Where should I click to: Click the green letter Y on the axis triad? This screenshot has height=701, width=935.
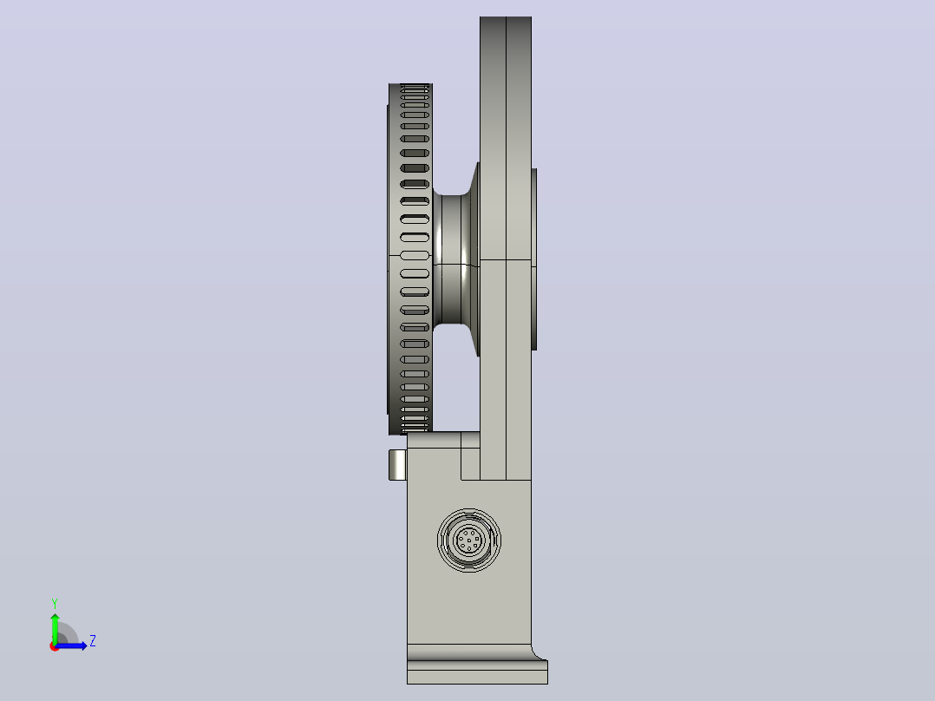(55, 603)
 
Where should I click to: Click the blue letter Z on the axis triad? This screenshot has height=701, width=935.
(93, 641)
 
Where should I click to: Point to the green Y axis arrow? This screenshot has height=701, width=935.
(55, 628)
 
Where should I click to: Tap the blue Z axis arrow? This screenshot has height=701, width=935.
(71, 645)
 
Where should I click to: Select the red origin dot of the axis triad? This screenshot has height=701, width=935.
(55, 646)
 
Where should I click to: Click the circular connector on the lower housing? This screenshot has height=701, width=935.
(469, 540)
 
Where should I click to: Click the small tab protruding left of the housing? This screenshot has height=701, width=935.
(397, 465)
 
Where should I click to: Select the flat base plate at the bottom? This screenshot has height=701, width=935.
(477, 672)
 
